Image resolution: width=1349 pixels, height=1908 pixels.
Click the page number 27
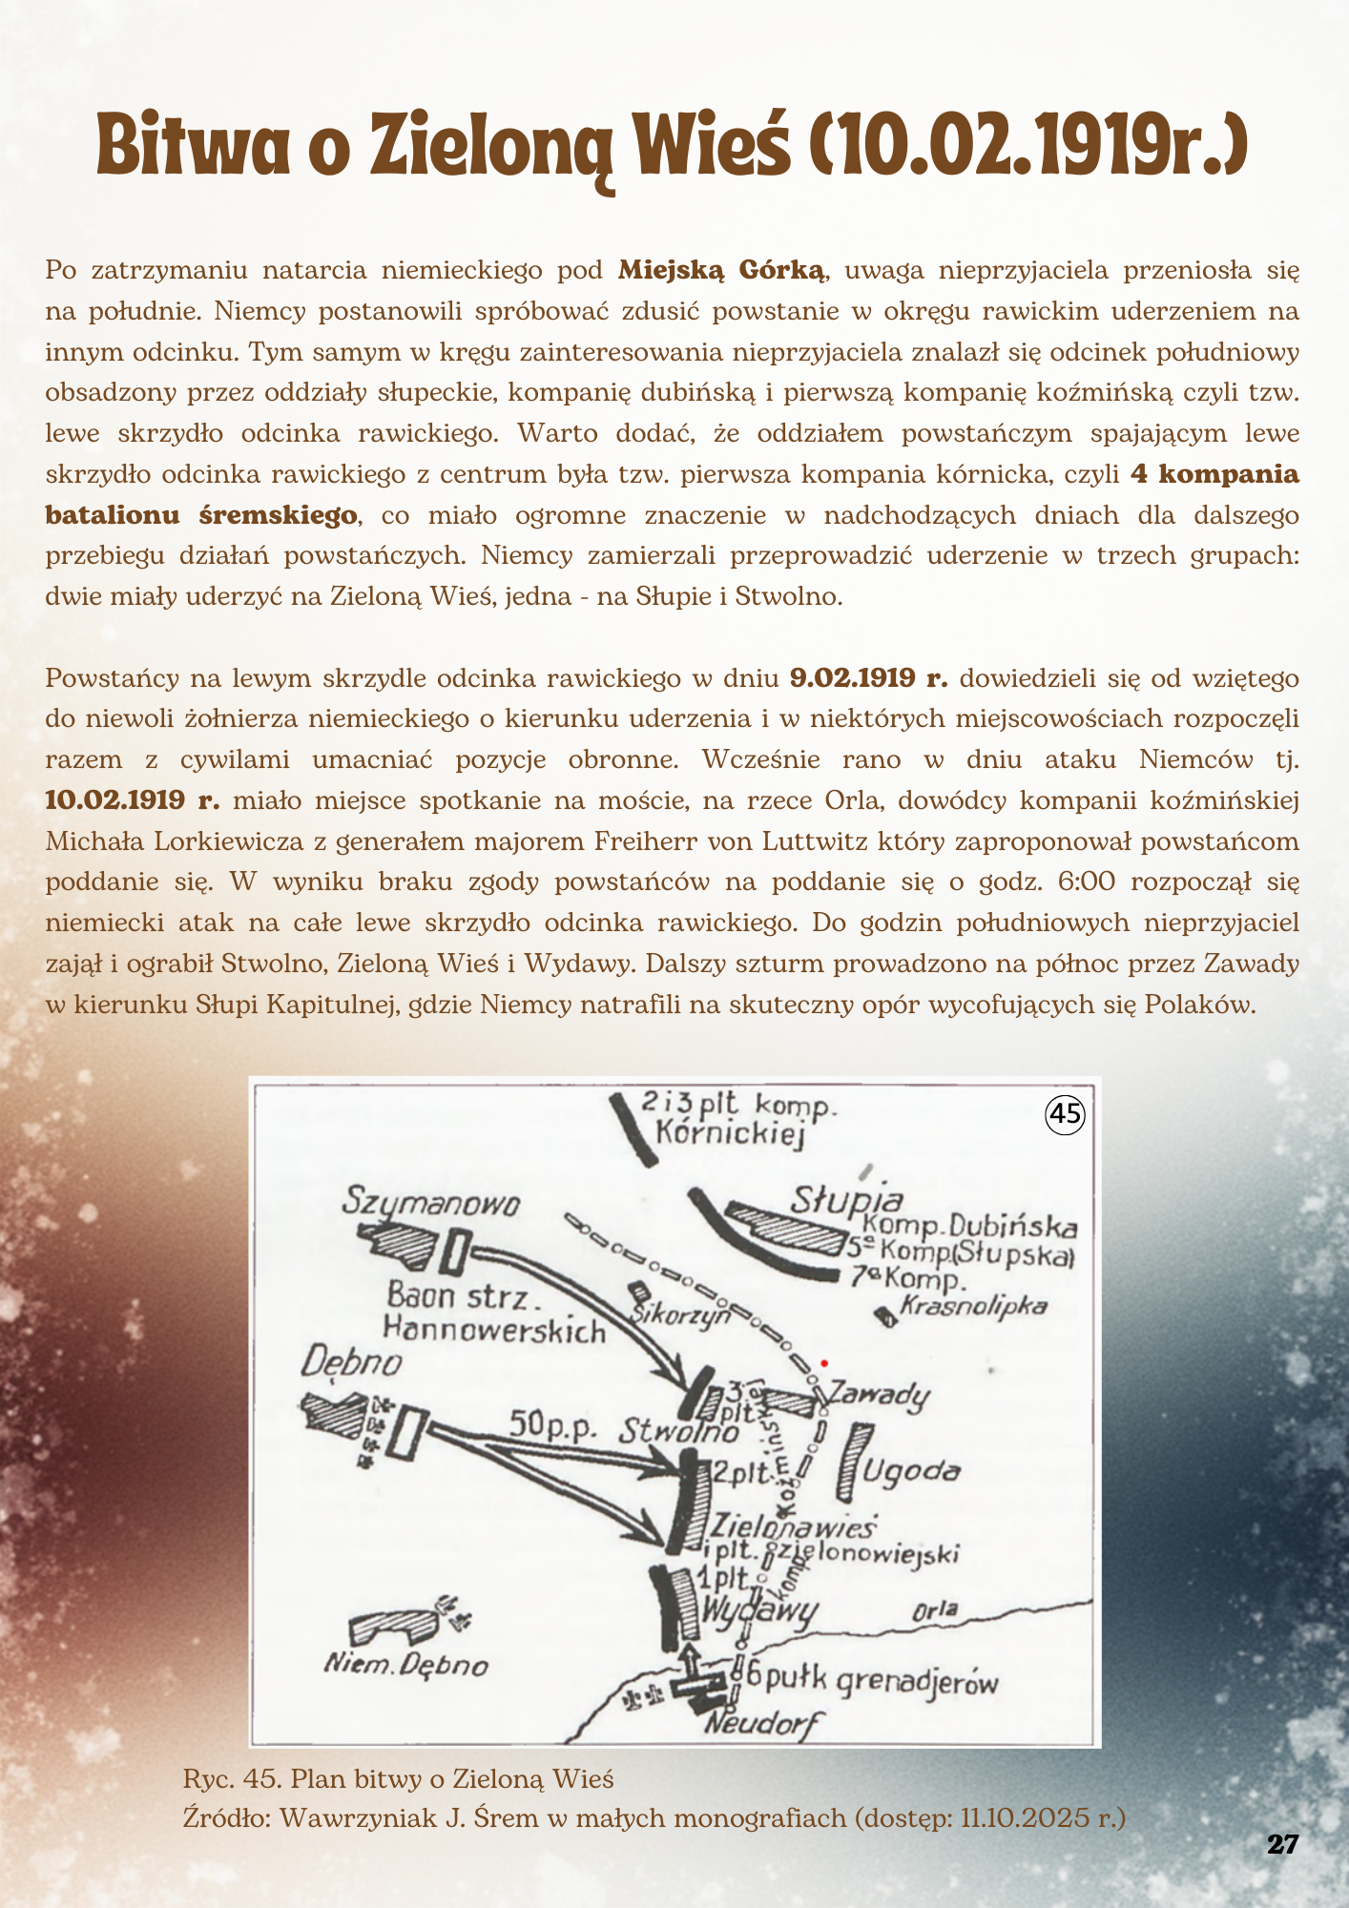point(1283,1844)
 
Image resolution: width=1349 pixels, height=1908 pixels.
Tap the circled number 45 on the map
point(1066,1114)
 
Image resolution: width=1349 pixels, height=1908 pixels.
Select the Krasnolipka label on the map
point(973,1306)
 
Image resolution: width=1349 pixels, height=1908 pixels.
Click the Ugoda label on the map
point(911,1471)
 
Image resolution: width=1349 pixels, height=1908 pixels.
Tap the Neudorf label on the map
point(761,1724)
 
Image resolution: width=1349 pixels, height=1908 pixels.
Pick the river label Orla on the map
point(935,1611)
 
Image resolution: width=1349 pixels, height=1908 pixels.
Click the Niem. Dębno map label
point(406,1666)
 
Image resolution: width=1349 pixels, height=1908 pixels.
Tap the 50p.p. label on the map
point(552,1423)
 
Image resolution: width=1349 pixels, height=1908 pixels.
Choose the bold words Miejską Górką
point(721,270)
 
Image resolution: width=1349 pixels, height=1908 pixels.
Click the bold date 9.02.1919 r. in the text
point(869,678)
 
